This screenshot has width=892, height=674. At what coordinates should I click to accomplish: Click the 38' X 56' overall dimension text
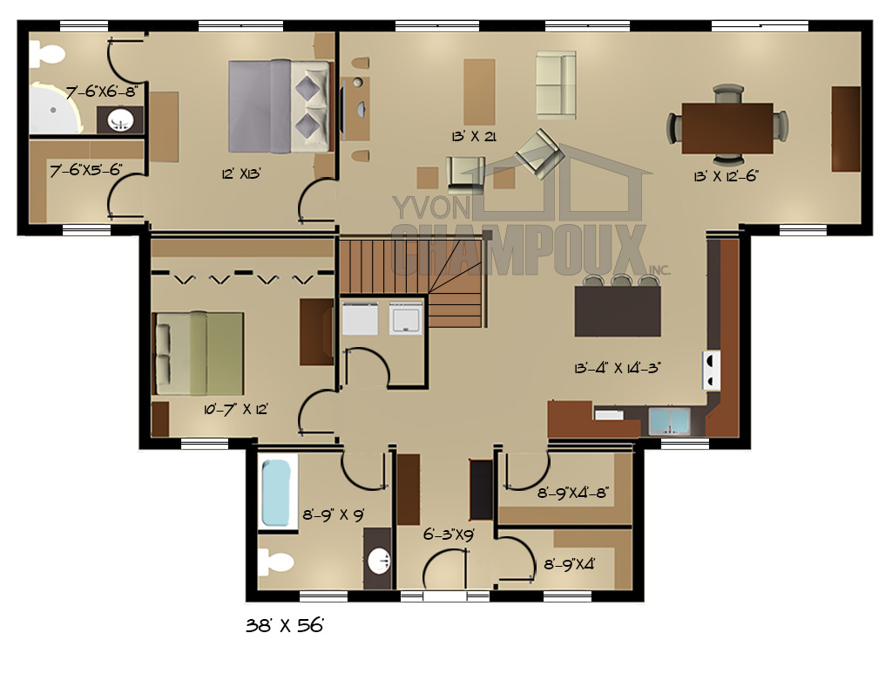point(285,626)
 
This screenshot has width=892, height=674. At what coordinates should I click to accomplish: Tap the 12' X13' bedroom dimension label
point(241,174)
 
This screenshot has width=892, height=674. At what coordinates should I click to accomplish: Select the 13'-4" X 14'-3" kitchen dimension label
point(618,368)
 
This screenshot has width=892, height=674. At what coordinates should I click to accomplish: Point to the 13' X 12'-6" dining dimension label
point(726,176)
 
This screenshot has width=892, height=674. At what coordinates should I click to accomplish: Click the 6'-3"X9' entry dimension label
point(449,534)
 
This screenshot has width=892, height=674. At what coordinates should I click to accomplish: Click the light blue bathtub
point(276,493)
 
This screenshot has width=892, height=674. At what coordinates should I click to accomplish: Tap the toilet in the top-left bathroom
point(48,55)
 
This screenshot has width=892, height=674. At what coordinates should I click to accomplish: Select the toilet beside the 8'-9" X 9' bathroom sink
point(276,562)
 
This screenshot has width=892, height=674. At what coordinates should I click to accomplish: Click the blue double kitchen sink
point(670,422)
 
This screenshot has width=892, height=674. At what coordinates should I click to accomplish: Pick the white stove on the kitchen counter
point(711,370)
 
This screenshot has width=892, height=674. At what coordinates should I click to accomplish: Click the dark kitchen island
point(618,310)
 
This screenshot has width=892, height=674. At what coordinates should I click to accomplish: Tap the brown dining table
point(727,128)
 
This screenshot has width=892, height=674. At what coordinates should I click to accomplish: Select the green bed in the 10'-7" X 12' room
point(199,353)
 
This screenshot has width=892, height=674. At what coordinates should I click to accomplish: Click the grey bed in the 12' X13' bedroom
point(279,106)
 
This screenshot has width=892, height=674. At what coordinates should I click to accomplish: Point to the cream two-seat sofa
point(557,85)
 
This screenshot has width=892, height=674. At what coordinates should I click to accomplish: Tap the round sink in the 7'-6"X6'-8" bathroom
point(120,120)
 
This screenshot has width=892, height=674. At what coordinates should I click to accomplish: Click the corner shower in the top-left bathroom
point(55,109)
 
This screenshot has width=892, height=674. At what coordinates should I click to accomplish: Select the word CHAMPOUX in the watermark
point(519,249)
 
